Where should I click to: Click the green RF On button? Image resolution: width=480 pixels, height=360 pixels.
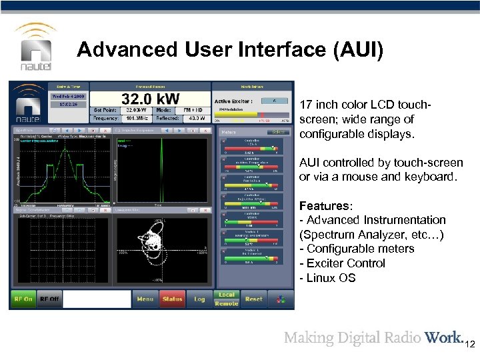click(23, 299)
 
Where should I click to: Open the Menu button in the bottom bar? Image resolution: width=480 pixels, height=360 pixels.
click(145, 299)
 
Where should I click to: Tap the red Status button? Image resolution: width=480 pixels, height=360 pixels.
click(172, 299)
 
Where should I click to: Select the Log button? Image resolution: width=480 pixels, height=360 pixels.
click(199, 299)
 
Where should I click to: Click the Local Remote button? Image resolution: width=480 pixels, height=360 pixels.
click(226, 299)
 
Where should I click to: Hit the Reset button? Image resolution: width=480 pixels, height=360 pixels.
click(254, 299)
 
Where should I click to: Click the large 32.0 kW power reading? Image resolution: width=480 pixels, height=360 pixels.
click(151, 98)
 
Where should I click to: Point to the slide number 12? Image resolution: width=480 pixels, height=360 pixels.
click(470, 344)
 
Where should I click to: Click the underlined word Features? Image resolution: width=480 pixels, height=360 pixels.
click(322, 205)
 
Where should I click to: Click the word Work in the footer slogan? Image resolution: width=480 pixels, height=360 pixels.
click(443, 337)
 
